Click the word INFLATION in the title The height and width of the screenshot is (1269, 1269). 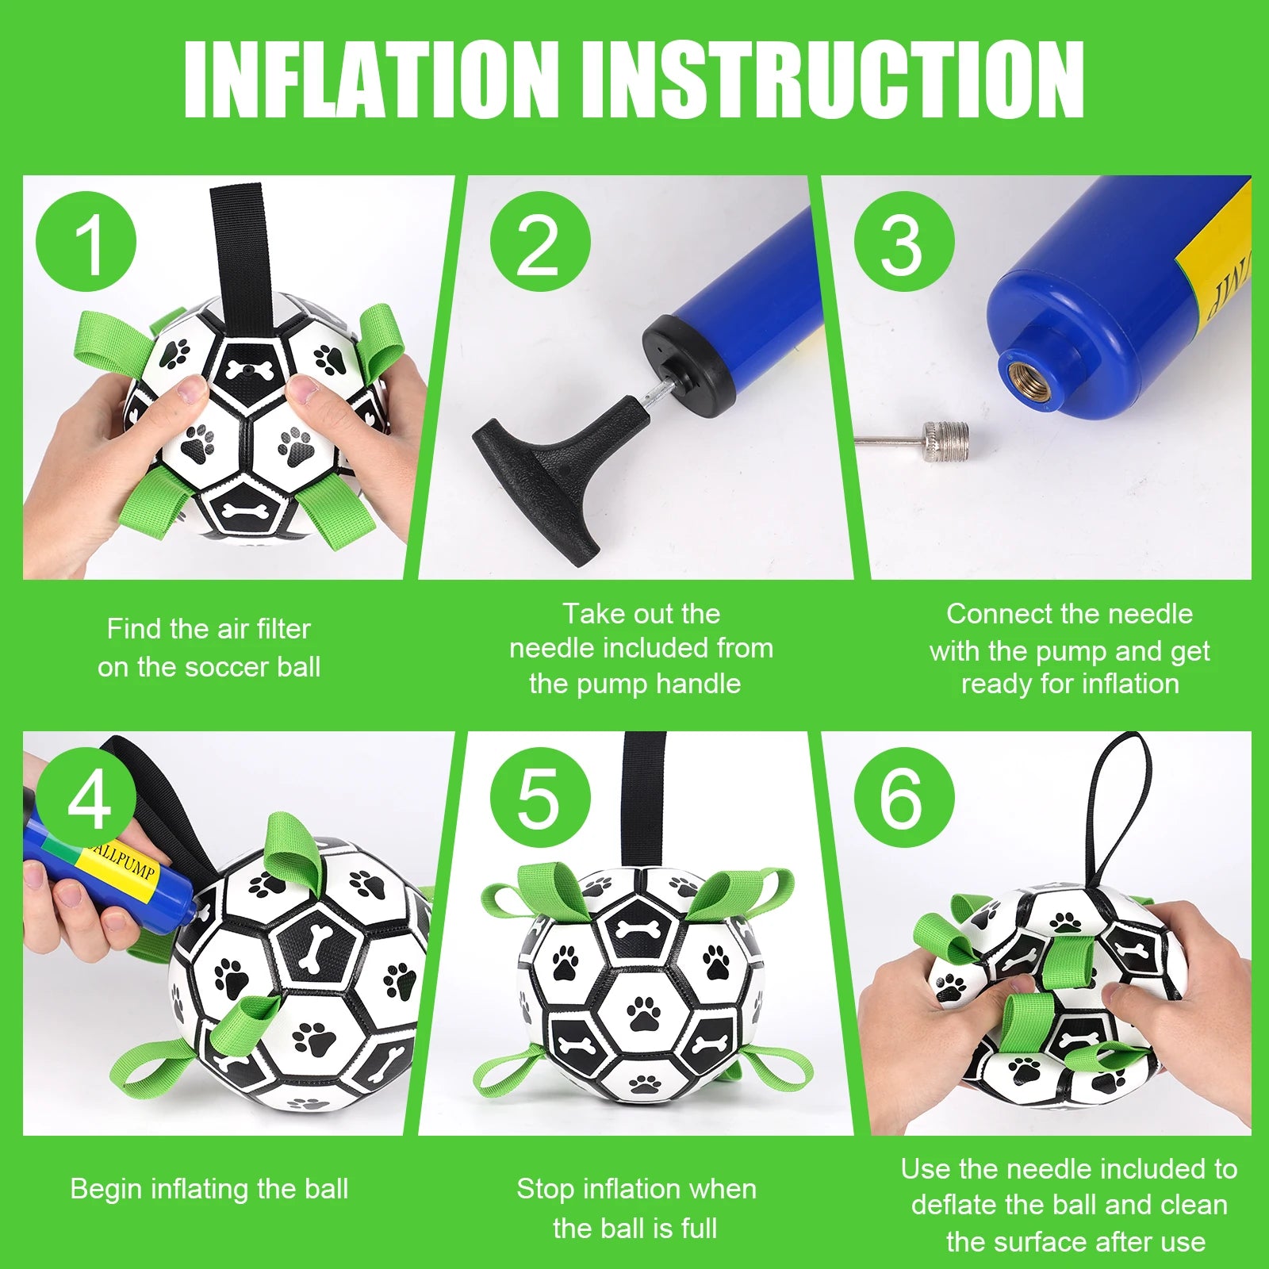[370, 79]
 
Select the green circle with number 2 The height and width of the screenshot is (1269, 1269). [540, 242]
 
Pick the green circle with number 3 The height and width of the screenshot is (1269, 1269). [904, 242]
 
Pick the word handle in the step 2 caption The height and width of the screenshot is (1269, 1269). [701, 684]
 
